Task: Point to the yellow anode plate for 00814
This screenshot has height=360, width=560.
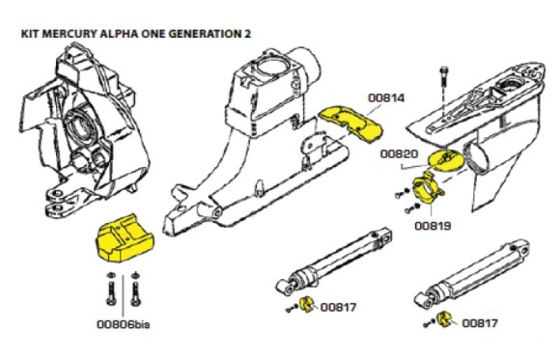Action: click(350, 122)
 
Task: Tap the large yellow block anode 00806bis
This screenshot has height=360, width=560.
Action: click(124, 239)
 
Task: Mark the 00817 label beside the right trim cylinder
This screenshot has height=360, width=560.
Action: click(481, 324)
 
